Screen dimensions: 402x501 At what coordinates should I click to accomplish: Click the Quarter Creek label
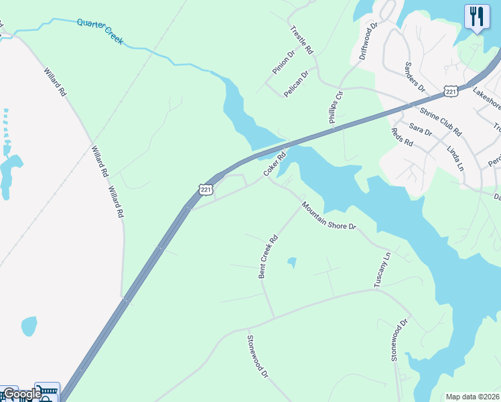point(100,31)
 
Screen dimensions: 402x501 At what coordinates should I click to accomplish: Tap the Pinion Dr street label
point(283,62)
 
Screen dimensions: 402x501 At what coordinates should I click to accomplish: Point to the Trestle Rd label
point(301,40)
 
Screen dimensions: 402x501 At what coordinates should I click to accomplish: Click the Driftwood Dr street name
point(369,41)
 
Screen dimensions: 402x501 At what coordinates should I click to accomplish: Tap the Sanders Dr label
point(415,76)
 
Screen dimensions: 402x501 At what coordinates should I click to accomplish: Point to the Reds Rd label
point(401,137)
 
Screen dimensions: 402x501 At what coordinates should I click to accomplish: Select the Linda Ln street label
point(455,155)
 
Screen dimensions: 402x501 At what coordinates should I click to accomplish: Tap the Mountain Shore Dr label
point(328,216)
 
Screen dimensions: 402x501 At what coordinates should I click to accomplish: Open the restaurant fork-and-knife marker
point(476,17)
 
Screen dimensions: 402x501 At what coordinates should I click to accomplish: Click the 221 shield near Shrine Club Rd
point(449,91)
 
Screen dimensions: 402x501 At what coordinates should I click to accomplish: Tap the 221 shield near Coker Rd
point(206,190)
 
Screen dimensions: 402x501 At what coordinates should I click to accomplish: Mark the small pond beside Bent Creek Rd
point(291,262)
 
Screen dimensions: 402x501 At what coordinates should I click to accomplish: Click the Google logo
point(22,395)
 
